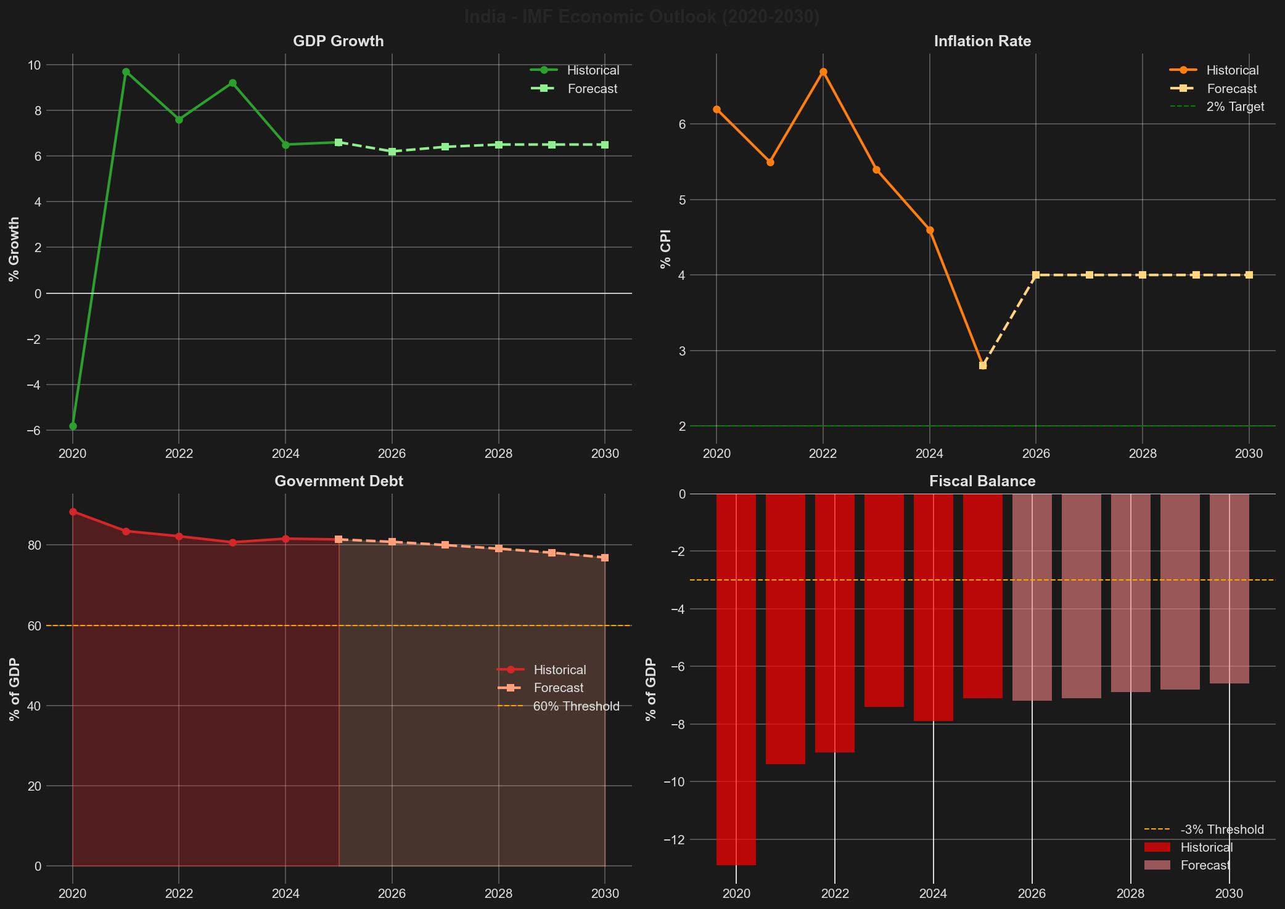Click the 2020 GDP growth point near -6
[x=73, y=426]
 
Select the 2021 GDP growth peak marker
[x=126, y=71]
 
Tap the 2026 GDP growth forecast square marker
[x=392, y=152]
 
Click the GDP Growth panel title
[x=338, y=41]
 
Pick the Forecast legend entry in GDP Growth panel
[x=591, y=89]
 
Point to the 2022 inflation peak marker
[x=823, y=72]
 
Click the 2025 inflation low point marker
[x=983, y=365]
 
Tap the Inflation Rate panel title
[x=982, y=41]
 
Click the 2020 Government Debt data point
[x=73, y=512]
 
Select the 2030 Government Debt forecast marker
[x=605, y=558]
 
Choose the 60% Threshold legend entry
[x=575, y=706]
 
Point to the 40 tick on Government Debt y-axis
[x=34, y=706]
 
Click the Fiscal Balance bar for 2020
[x=736, y=678]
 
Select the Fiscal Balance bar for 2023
[x=884, y=601]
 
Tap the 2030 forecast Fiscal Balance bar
[x=1229, y=589]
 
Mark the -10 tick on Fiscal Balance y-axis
[x=673, y=782]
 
